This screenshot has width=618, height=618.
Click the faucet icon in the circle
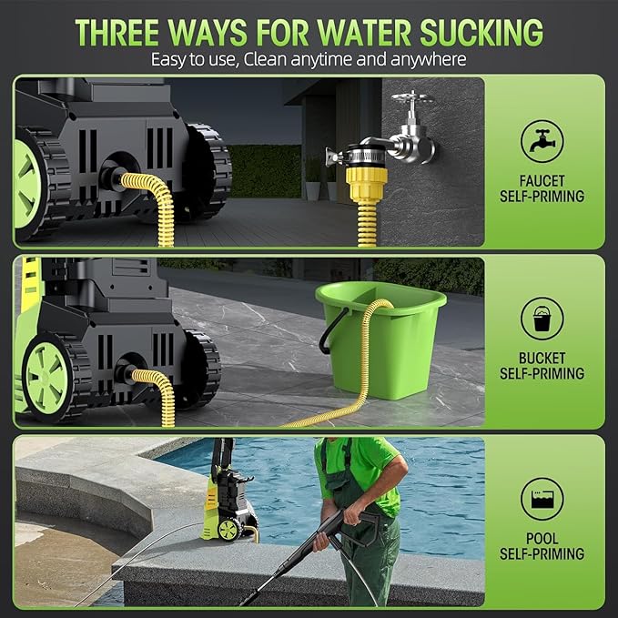click(x=542, y=141)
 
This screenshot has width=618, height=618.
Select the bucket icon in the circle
click(x=542, y=319)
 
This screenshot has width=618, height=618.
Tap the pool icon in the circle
click(x=542, y=499)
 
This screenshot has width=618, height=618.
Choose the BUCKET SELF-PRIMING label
click(x=542, y=366)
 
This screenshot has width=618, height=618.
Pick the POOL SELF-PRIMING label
click(x=542, y=545)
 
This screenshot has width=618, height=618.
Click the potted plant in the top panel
click(x=313, y=177)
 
